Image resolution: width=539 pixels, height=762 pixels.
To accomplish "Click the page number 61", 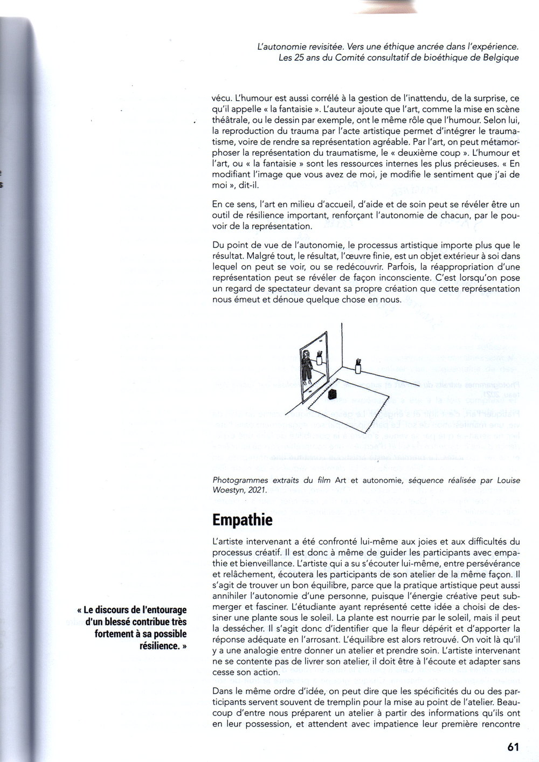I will (x=513, y=746).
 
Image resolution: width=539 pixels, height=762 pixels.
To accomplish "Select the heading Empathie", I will (x=242, y=520).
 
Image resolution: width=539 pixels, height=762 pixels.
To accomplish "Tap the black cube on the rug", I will (x=332, y=394).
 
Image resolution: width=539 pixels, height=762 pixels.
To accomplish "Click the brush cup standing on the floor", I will (x=358, y=366).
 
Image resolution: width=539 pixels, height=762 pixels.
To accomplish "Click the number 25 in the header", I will (x=299, y=58).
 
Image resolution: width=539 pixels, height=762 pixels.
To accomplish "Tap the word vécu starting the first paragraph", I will (x=222, y=99).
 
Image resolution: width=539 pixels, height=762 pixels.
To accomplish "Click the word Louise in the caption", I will (x=508, y=480).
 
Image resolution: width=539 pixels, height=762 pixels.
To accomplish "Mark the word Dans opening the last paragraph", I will (x=223, y=691).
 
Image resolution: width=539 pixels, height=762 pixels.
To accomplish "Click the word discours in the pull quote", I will (x=113, y=610).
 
